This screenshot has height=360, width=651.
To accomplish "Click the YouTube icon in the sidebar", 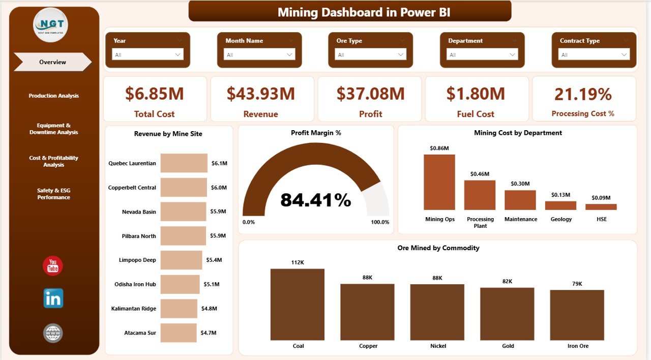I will tap(53, 266).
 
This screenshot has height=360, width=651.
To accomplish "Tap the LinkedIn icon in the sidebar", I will tap(53, 298).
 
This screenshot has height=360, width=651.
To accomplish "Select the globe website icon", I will tap(53, 333).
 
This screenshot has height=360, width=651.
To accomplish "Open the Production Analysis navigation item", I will tap(53, 96).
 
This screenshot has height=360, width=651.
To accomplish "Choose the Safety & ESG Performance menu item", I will tap(53, 194).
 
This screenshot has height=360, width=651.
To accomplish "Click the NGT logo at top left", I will tap(50, 25).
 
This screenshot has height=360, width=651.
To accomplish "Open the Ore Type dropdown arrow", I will tap(402, 54).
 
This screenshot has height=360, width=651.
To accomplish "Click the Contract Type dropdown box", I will tap(594, 54).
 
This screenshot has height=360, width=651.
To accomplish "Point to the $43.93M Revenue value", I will tap(260, 94).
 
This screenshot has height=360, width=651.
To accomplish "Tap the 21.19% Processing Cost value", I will tap(583, 94).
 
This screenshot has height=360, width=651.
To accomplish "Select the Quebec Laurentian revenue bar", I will tap(184, 163).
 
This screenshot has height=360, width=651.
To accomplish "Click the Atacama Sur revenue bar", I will tap(179, 333).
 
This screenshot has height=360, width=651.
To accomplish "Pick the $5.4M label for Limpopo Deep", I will tap(214, 260).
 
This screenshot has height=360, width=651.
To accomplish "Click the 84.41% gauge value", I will tap(315, 200).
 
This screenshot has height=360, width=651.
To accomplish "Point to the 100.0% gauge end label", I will tap(380, 222).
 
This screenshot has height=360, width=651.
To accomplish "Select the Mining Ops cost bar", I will tap(439, 182).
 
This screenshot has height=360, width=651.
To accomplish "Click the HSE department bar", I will tap(601, 207).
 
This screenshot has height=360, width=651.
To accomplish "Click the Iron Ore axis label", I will tap(577, 346).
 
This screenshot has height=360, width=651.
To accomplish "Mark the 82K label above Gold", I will tap(507, 281).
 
